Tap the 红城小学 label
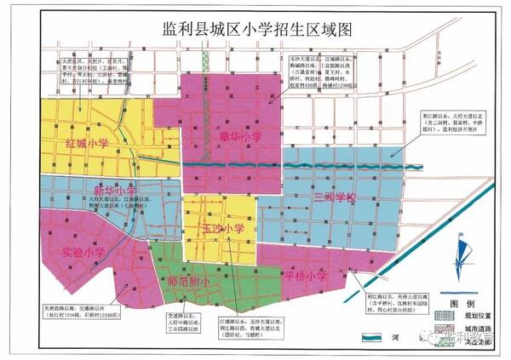point(89,143)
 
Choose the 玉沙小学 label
point(223,228)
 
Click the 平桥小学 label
point(307,276)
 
